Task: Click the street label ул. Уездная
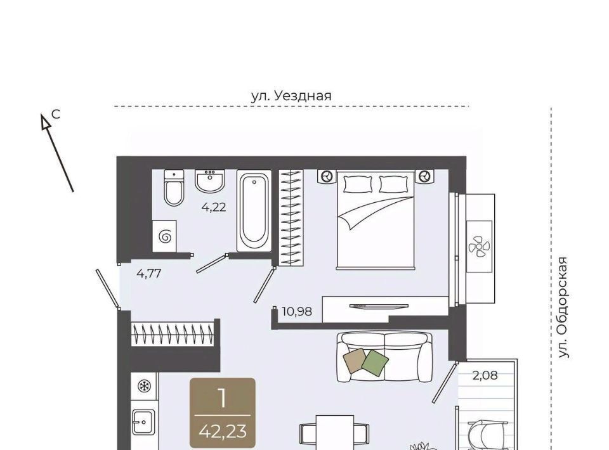pyautogui.click(x=291, y=96)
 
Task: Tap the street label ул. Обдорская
pyautogui.click(x=563, y=307)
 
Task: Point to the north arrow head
pyautogui.click(x=46, y=121)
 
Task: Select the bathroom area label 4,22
pyautogui.click(x=214, y=207)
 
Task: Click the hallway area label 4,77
pyautogui.click(x=148, y=274)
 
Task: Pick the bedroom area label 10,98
pyautogui.click(x=297, y=311)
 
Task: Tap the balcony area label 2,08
pyautogui.click(x=485, y=375)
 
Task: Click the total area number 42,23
pyautogui.click(x=223, y=431)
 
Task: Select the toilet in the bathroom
pyautogui.click(x=174, y=188)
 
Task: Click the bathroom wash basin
pyautogui.click(x=210, y=181)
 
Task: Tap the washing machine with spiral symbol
pyautogui.click(x=165, y=236)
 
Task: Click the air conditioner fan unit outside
pyautogui.click(x=480, y=247)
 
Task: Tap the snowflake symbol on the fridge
pyautogui.click(x=145, y=386)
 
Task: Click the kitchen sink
pyautogui.click(x=143, y=422)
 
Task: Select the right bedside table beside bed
pyautogui.click(x=424, y=176)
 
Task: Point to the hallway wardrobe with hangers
pyautogui.click(x=173, y=333)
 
